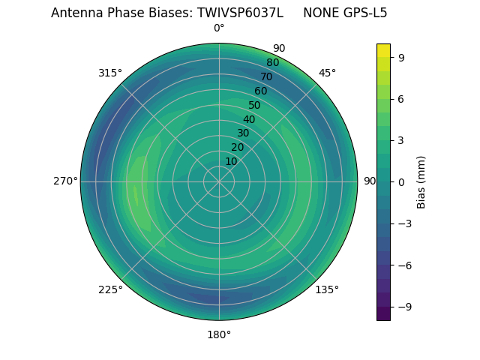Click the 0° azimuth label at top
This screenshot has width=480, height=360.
coord(219,28)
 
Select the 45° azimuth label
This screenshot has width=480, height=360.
coord(327,73)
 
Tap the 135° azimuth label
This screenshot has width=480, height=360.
coord(327,289)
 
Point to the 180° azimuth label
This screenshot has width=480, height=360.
coord(219,334)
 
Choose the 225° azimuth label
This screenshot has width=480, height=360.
coord(110,289)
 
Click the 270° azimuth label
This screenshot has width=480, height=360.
coord(65,181)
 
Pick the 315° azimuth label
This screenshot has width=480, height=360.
coord(110,73)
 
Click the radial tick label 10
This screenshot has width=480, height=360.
coord(231,161)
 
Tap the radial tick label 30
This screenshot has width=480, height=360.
coord(243,133)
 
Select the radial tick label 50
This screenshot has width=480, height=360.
coord(255,105)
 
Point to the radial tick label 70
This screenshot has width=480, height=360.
coord(266,76)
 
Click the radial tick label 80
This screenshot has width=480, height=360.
coord(272,62)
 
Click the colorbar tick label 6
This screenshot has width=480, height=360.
coord(400,98)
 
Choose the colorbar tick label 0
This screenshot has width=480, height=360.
coord(400,181)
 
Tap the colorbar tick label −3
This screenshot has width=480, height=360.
coord(403,223)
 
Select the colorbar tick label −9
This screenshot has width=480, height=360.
coord(403,307)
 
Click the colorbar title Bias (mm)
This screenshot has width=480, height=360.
coord(421,181)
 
